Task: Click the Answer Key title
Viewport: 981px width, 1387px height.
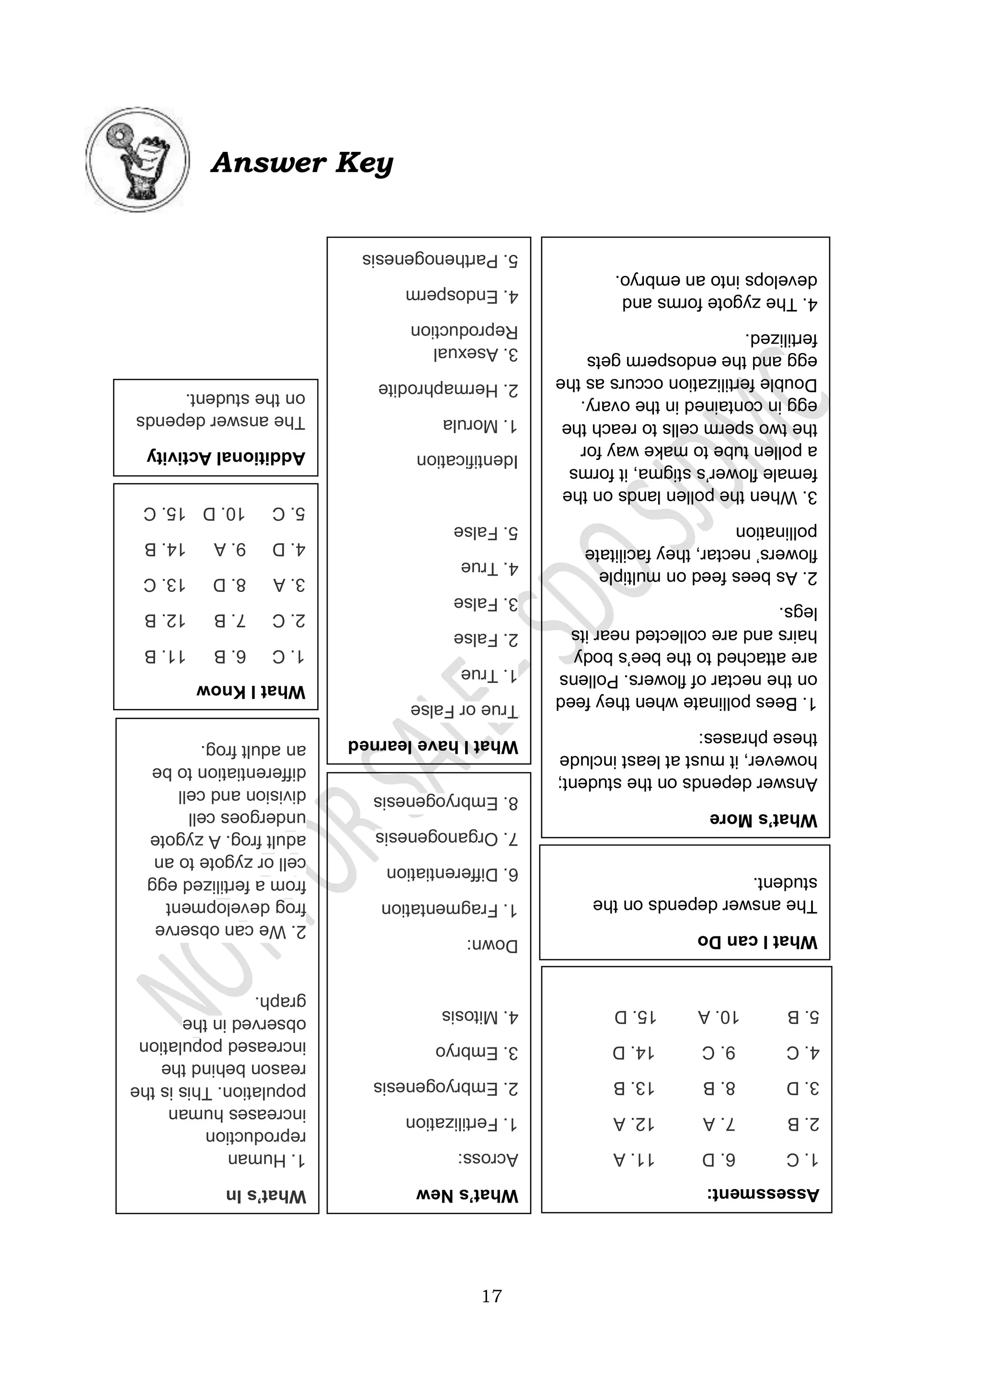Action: click(302, 163)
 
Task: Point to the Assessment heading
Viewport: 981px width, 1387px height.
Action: click(763, 1193)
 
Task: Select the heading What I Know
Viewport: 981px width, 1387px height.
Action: click(251, 691)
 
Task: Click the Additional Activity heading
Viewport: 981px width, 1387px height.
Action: click(226, 457)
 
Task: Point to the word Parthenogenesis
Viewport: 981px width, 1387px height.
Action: click(430, 260)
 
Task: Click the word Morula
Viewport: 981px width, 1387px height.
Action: click(470, 425)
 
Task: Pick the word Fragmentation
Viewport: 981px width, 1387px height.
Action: click(439, 909)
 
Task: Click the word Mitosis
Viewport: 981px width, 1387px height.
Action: click(470, 1017)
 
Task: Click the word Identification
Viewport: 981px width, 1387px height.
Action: click(467, 461)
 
